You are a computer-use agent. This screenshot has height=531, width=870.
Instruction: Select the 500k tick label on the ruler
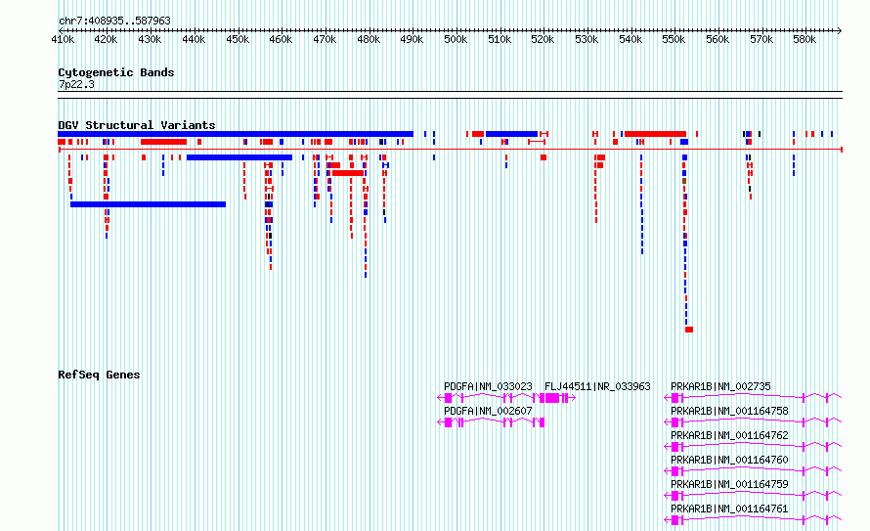pyautogui.click(x=456, y=39)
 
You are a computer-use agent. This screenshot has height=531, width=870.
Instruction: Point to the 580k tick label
pyautogui.click(x=805, y=39)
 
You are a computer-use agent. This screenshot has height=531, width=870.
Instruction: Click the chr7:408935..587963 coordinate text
pyautogui.click(x=114, y=21)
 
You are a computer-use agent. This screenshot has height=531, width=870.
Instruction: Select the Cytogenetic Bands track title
pyautogui.click(x=115, y=72)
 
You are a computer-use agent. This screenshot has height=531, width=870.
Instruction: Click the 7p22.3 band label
pyautogui.click(x=76, y=85)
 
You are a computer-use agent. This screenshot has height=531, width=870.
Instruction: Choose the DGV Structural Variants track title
pyautogui.click(x=136, y=125)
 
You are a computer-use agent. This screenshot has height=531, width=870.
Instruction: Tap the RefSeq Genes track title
pyautogui.click(x=99, y=375)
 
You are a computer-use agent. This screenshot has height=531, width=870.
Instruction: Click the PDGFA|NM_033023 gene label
pyautogui.click(x=488, y=386)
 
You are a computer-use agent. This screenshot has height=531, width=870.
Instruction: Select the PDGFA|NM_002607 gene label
pyautogui.click(x=488, y=411)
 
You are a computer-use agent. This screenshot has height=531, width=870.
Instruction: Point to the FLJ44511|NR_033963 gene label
pyautogui.click(x=597, y=386)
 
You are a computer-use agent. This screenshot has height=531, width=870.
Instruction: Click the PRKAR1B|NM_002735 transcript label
pyautogui.click(x=720, y=386)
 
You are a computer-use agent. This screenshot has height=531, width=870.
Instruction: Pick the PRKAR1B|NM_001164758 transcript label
pyautogui.click(x=728, y=411)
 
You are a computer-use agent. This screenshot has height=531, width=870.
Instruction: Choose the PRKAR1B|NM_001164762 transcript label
pyautogui.click(x=728, y=435)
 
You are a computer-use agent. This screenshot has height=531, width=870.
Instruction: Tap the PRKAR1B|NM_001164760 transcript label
pyautogui.click(x=728, y=460)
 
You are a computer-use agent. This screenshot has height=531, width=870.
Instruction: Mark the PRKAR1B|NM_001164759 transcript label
pyautogui.click(x=728, y=484)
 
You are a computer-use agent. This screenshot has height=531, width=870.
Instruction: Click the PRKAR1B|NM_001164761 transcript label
pyautogui.click(x=728, y=509)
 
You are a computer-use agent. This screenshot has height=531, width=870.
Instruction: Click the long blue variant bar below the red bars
pyautogui.click(x=148, y=204)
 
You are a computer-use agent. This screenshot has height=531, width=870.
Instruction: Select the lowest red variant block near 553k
pyautogui.click(x=689, y=330)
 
